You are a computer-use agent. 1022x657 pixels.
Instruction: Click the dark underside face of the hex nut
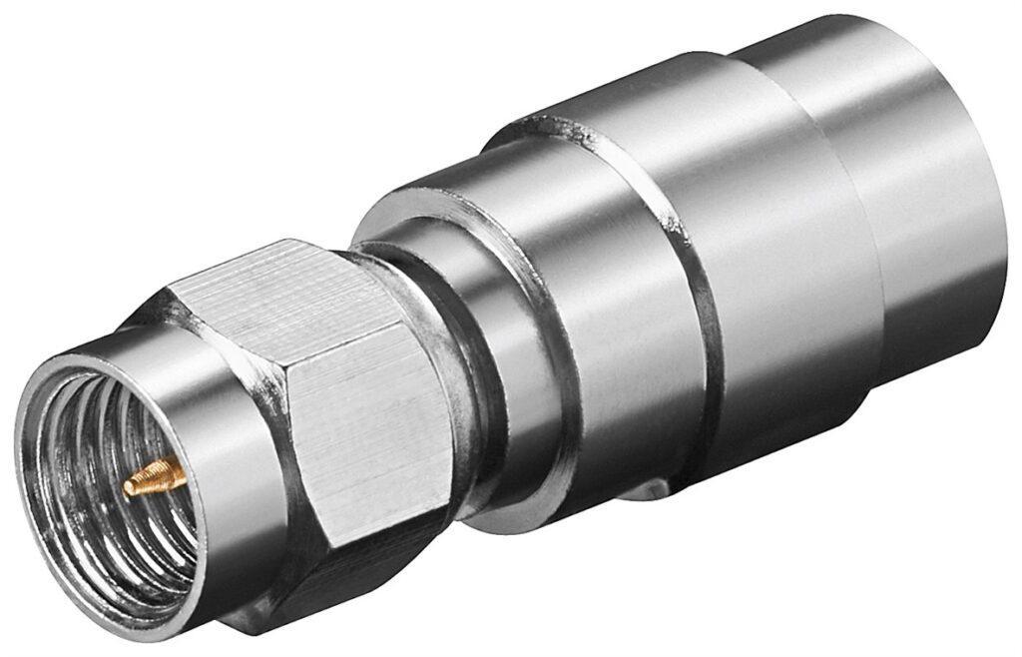click(329, 579)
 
